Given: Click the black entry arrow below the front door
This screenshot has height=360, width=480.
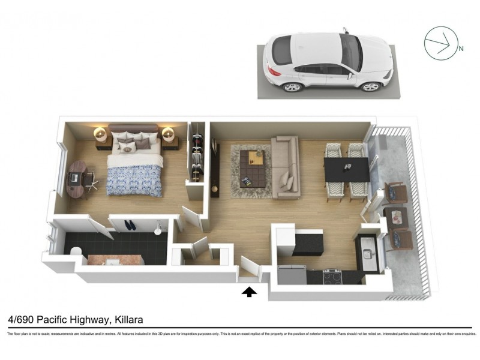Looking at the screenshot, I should tap(249, 292).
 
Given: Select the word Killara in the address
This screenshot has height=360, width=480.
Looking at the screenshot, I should tap(128, 320).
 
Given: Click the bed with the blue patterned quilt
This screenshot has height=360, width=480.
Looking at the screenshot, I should tap(134, 171).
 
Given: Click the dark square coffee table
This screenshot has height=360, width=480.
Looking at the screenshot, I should tap(251, 168).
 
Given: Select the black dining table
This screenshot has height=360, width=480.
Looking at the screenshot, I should tap(347, 169).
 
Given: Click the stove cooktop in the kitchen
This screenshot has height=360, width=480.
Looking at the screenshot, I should tap(332, 275).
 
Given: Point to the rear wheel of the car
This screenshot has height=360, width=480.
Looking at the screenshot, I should tap(293, 87).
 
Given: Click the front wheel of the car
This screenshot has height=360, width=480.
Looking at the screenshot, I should tap(371, 86).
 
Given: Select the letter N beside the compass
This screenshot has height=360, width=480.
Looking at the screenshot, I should tap(461, 49).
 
